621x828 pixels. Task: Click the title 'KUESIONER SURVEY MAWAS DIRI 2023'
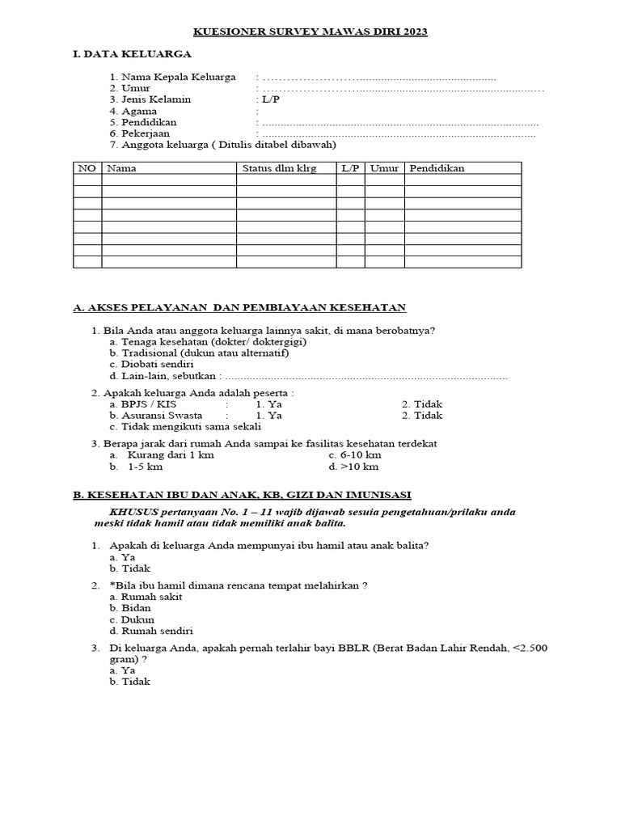310,32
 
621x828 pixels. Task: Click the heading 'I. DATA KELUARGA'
132,54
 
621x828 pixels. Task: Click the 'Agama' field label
137,111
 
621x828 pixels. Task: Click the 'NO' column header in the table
87,168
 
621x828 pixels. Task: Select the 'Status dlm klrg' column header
280,168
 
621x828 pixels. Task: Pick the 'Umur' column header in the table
384,168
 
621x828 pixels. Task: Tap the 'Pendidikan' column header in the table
437,168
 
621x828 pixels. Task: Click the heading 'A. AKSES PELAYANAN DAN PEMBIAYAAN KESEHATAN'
239,308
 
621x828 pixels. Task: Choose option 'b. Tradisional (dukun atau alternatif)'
199,353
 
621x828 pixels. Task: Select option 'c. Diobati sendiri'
151,365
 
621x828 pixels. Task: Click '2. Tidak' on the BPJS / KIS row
422,404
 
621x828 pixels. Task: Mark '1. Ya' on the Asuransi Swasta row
268,416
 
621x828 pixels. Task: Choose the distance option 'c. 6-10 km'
354,455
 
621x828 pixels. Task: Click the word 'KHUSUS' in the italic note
132,513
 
